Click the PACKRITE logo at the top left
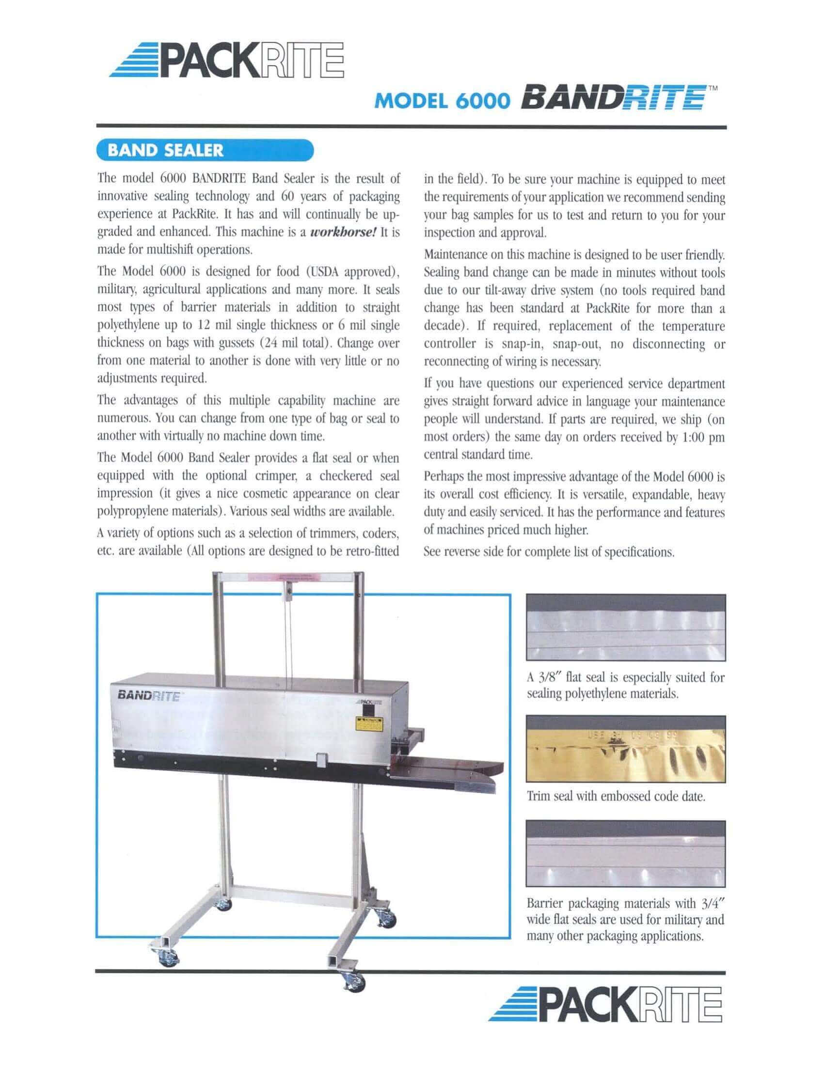click(x=226, y=61)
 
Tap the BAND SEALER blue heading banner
click(x=205, y=150)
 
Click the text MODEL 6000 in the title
click(x=442, y=101)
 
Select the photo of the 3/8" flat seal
click(x=625, y=627)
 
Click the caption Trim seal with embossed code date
click(x=616, y=796)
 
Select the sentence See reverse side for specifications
click(x=549, y=552)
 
